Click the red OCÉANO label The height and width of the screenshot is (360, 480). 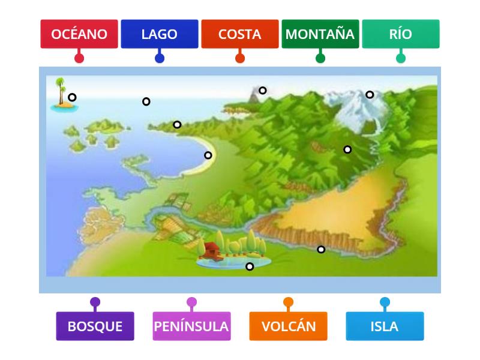point(79,34)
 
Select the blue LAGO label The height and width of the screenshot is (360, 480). point(159,34)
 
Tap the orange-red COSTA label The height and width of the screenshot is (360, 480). point(239,34)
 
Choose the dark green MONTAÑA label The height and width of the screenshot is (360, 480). point(320,34)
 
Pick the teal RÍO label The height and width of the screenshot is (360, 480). point(400,34)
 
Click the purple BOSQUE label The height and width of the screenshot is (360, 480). point(95,326)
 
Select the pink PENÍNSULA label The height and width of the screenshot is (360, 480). point(191,326)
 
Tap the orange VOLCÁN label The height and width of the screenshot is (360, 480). point(288,326)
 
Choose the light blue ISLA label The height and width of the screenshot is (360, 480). point(385,326)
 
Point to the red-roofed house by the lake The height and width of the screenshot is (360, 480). point(211,248)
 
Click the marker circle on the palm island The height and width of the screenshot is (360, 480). point(72,97)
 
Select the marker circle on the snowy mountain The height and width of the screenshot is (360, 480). point(370,94)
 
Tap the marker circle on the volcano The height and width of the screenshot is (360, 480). point(262,91)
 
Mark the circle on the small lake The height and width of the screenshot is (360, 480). point(250,266)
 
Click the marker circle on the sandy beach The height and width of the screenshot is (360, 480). point(208,155)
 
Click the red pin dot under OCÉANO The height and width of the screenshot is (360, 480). point(79,58)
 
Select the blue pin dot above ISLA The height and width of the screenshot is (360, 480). point(385,302)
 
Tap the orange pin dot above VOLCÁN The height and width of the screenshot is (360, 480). point(288,302)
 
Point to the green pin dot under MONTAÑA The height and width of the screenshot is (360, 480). point(320,58)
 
